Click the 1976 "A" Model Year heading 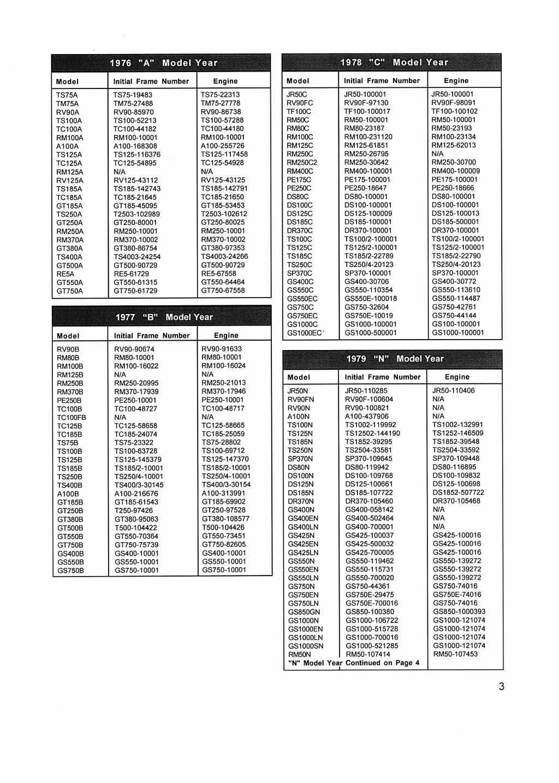click(x=163, y=63)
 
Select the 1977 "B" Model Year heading click(x=164, y=317)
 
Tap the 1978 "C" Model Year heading click(x=394, y=62)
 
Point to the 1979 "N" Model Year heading click(x=395, y=359)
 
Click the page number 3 click(x=501, y=686)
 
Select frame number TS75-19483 click(x=133, y=95)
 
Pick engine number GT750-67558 click(x=223, y=290)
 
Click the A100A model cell click(x=67, y=146)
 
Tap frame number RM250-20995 click(x=136, y=383)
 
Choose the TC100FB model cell click(x=72, y=418)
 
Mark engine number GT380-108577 click(x=225, y=519)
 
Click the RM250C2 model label click(x=302, y=163)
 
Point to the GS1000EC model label click(x=305, y=333)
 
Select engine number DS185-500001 click(x=455, y=222)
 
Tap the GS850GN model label click(x=304, y=612)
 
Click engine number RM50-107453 click(x=455, y=654)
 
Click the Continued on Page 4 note click(x=354, y=663)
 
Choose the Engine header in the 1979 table click(x=457, y=377)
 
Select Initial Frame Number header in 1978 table click(x=382, y=81)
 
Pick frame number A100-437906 click(x=367, y=417)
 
